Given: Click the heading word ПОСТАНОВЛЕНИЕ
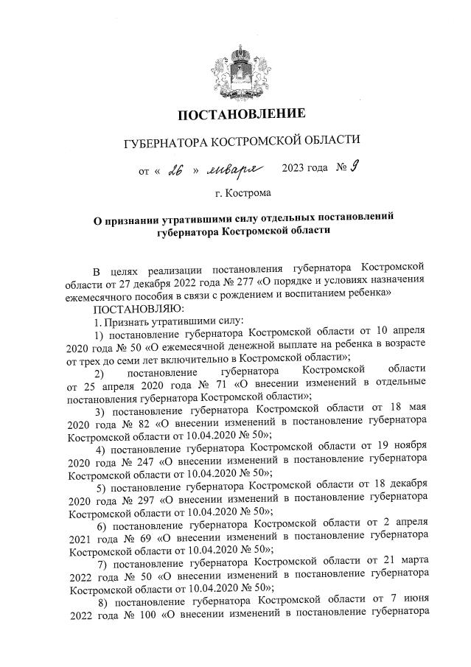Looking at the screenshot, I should (x=243, y=114).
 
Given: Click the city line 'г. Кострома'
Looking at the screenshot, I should (x=243, y=194).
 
